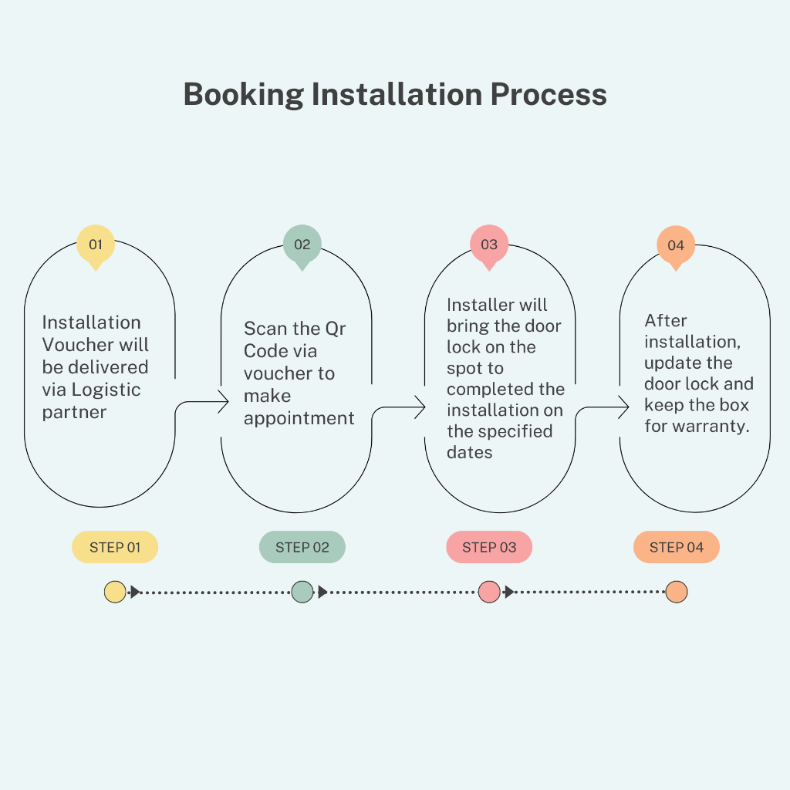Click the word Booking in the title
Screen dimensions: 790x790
(243, 94)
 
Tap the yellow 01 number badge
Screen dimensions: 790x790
(96, 245)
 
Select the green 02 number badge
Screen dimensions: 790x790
(302, 245)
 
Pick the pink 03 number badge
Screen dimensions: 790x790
(489, 245)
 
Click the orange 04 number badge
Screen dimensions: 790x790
(676, 245)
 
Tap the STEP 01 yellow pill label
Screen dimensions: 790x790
(115, 548)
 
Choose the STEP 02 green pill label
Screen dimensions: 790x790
(302, 548)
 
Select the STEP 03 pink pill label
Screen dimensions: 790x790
(489, 548)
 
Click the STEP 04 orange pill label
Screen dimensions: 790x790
(677, 548)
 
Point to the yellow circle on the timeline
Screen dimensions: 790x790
(115, 592)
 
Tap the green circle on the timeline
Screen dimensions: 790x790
(302, 592)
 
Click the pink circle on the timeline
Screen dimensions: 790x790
(489, 592)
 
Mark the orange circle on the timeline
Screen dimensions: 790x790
(677, 592)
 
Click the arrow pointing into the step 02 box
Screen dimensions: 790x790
(222, 402)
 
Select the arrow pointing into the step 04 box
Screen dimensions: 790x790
(622, 407)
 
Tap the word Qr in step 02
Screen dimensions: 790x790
(335, 329)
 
